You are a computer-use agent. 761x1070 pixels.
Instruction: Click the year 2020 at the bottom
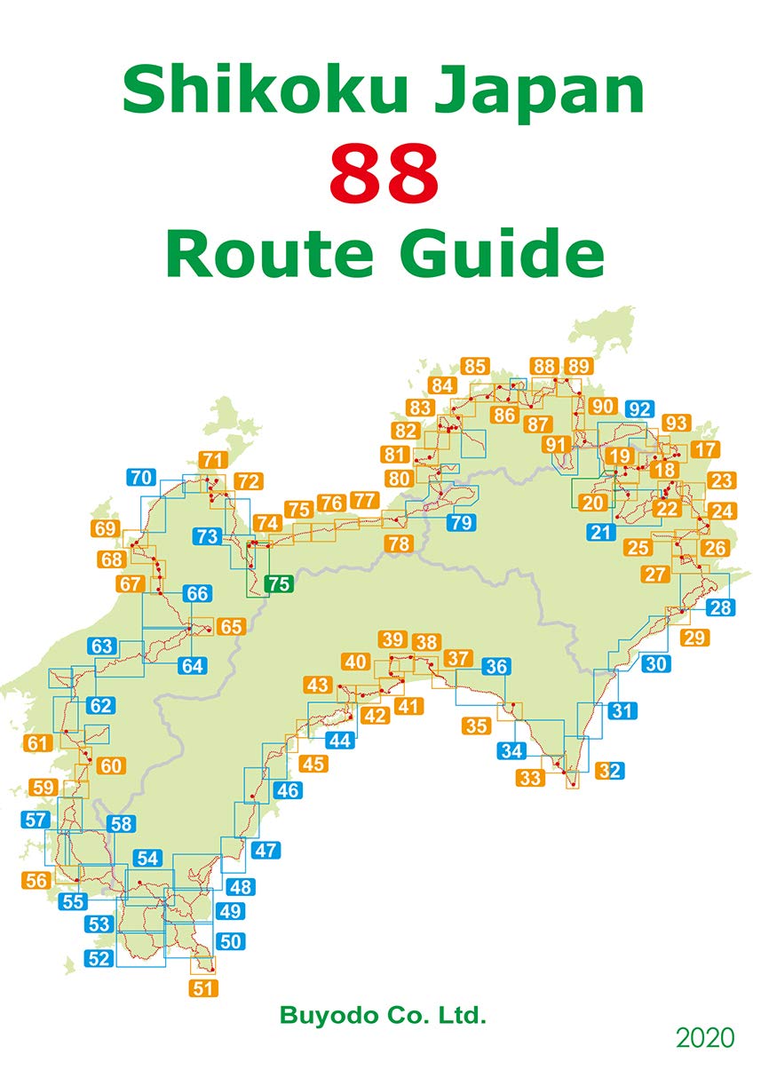[x=705, y=1038]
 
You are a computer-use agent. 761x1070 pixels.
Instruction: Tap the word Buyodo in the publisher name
[x=324, y=1015]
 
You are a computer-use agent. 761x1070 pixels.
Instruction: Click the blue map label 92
[x=639, y=409]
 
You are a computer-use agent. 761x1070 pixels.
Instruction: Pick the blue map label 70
[x=139, y=477]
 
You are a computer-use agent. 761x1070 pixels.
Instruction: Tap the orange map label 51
[x=204, y=987]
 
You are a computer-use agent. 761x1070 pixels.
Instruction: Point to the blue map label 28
[x=721, y=608]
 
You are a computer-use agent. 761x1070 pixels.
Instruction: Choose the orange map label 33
[x=530, y=778]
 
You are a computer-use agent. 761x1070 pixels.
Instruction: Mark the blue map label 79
[x=460, y=523]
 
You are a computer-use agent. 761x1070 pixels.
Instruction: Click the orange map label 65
[x=230, y=626]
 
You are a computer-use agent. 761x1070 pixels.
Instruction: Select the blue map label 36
[x=497, y=667]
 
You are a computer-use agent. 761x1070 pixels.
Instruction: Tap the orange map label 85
[x=475, y=366]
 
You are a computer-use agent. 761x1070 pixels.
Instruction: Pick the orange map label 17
[x=705, y=449]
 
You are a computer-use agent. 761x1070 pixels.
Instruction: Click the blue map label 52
[x=99, y=958]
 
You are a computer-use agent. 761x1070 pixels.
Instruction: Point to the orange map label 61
[x=37, y=743]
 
